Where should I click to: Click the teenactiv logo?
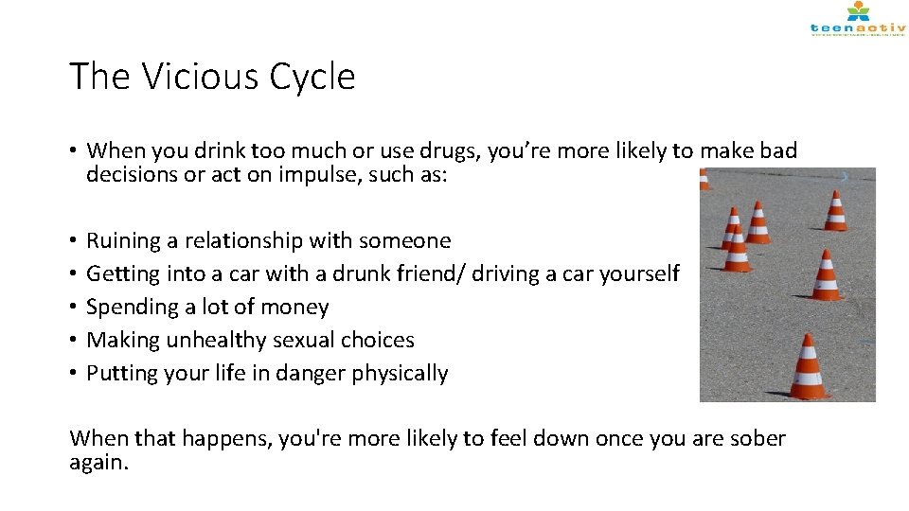click(857, 20)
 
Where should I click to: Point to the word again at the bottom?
click(98, 463)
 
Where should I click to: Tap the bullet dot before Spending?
click(74, 307)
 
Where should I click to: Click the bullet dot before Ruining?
click(74, 240)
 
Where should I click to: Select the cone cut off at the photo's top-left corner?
click(704, 180)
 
